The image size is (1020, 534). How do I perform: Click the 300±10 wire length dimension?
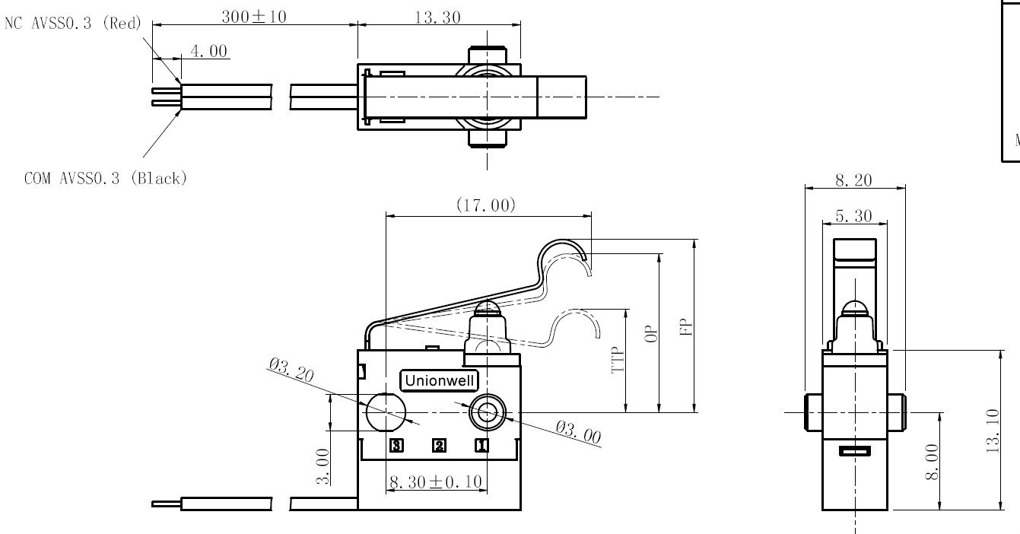pos(254,17)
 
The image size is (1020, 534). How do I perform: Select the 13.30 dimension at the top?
pos(437,17)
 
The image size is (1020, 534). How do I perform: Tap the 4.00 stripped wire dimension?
pos(208,51)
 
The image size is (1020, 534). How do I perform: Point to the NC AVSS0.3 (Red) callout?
pos(73,23)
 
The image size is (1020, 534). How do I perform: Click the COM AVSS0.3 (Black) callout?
pos(106,178)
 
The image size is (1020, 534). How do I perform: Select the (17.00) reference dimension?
pos(486,205)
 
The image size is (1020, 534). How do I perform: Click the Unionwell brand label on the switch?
pos(440,380)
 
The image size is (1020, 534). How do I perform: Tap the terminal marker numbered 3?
pos(396,445)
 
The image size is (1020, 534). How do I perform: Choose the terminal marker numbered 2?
pos(440,445)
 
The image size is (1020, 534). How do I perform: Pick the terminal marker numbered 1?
pos(481,445)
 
